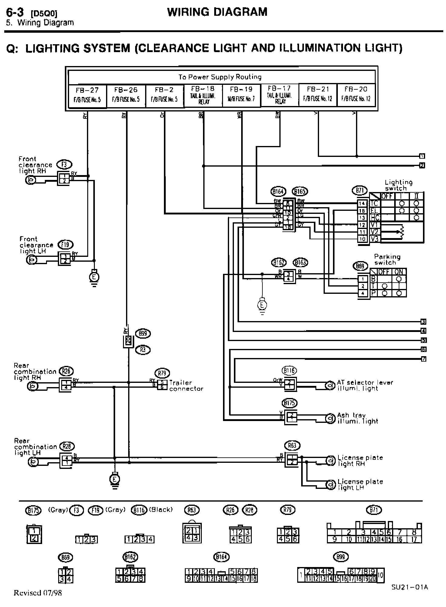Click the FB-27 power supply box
pos(88,95)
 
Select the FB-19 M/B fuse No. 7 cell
pos(241,95)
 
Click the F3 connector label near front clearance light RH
pos(65,165)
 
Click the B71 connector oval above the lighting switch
pos(360,191)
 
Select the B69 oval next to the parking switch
pos(360,266)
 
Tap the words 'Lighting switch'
pos(398,185)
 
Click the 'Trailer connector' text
pos(186,386)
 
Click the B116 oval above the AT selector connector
pos(289,370)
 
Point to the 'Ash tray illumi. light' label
pos(358,418)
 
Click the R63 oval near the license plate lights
pos(292,446)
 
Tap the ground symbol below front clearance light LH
pos(94,277)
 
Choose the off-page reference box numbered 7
pos(424,359)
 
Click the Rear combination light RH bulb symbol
pos(32,386)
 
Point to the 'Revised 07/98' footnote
pos(38,593)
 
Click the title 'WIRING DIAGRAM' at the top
pos(217,12)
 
